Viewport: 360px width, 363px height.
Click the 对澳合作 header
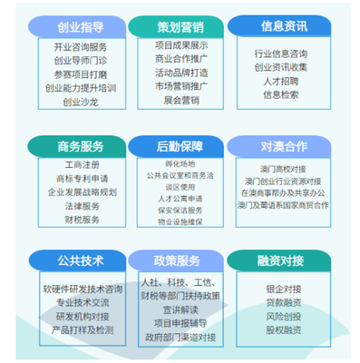[x=283, y=144]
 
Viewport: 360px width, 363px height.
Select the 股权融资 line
[x=283, y=331]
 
